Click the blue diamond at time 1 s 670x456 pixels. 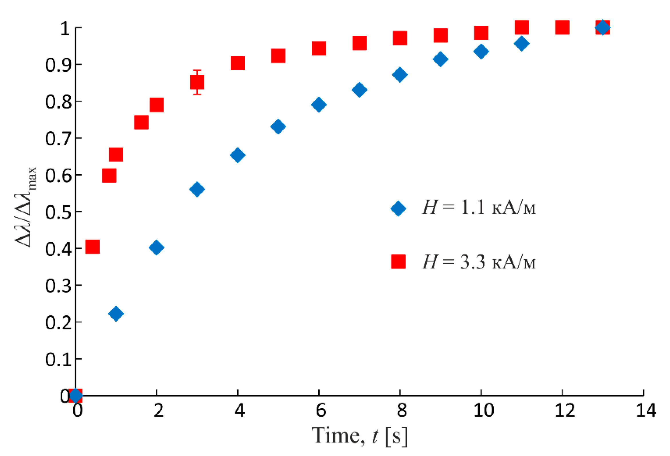click(116, 314)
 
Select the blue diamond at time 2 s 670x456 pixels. click(157, 248)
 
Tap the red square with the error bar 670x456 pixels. click(197, 82)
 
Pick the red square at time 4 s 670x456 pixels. click(238, 63)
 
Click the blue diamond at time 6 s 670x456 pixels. click(319, 105)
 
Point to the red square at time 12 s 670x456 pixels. click(562, 28)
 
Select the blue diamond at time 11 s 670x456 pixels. click(521, 44)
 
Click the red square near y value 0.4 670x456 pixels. click(92, 246)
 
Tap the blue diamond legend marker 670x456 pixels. click(398, 208)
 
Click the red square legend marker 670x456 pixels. click(398, 262)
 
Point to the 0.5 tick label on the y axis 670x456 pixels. click(58, 213)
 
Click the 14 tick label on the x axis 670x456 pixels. click(646, 411)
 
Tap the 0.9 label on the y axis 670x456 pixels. click(58, 65)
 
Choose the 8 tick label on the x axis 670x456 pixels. click(402, 411)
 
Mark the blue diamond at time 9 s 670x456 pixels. click(440, 59)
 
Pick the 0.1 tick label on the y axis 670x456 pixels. click(58, 360)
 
